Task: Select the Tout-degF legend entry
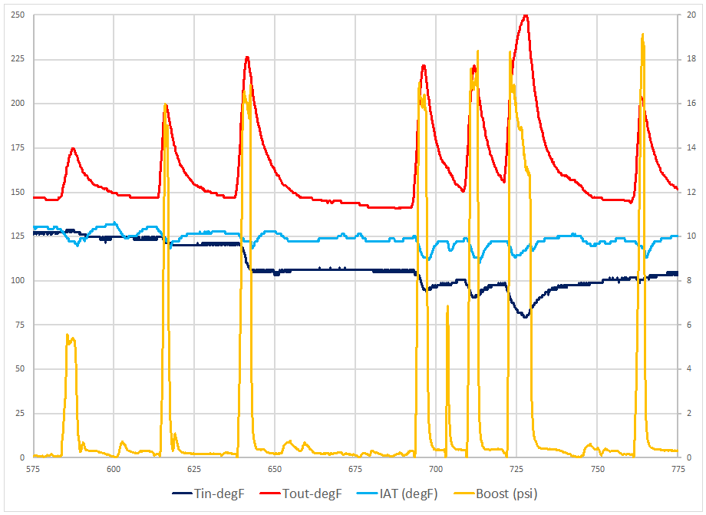[311, 494]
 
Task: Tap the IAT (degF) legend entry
[404, 494]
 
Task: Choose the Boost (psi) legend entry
[505, 494]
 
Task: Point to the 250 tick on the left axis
[16, 15]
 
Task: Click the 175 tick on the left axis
[16, 148]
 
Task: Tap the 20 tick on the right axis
[688, 15]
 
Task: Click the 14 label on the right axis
[688, 148]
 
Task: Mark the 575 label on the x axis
[33, 468]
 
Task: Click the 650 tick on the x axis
[275, 468]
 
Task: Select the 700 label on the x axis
[436, 468]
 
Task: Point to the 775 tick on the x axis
[678, 468]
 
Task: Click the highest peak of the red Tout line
[526, 15]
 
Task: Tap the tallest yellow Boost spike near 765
[642, 35]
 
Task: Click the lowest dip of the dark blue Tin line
[526, 316]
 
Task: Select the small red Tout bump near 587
[73, 148]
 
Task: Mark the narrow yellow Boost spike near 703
[447, 307]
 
